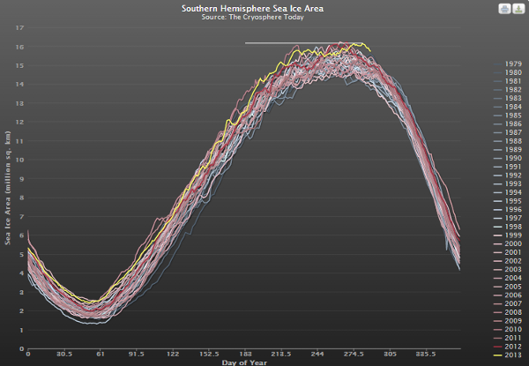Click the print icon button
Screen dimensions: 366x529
[503, 9]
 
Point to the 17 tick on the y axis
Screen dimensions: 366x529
[19, 27]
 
